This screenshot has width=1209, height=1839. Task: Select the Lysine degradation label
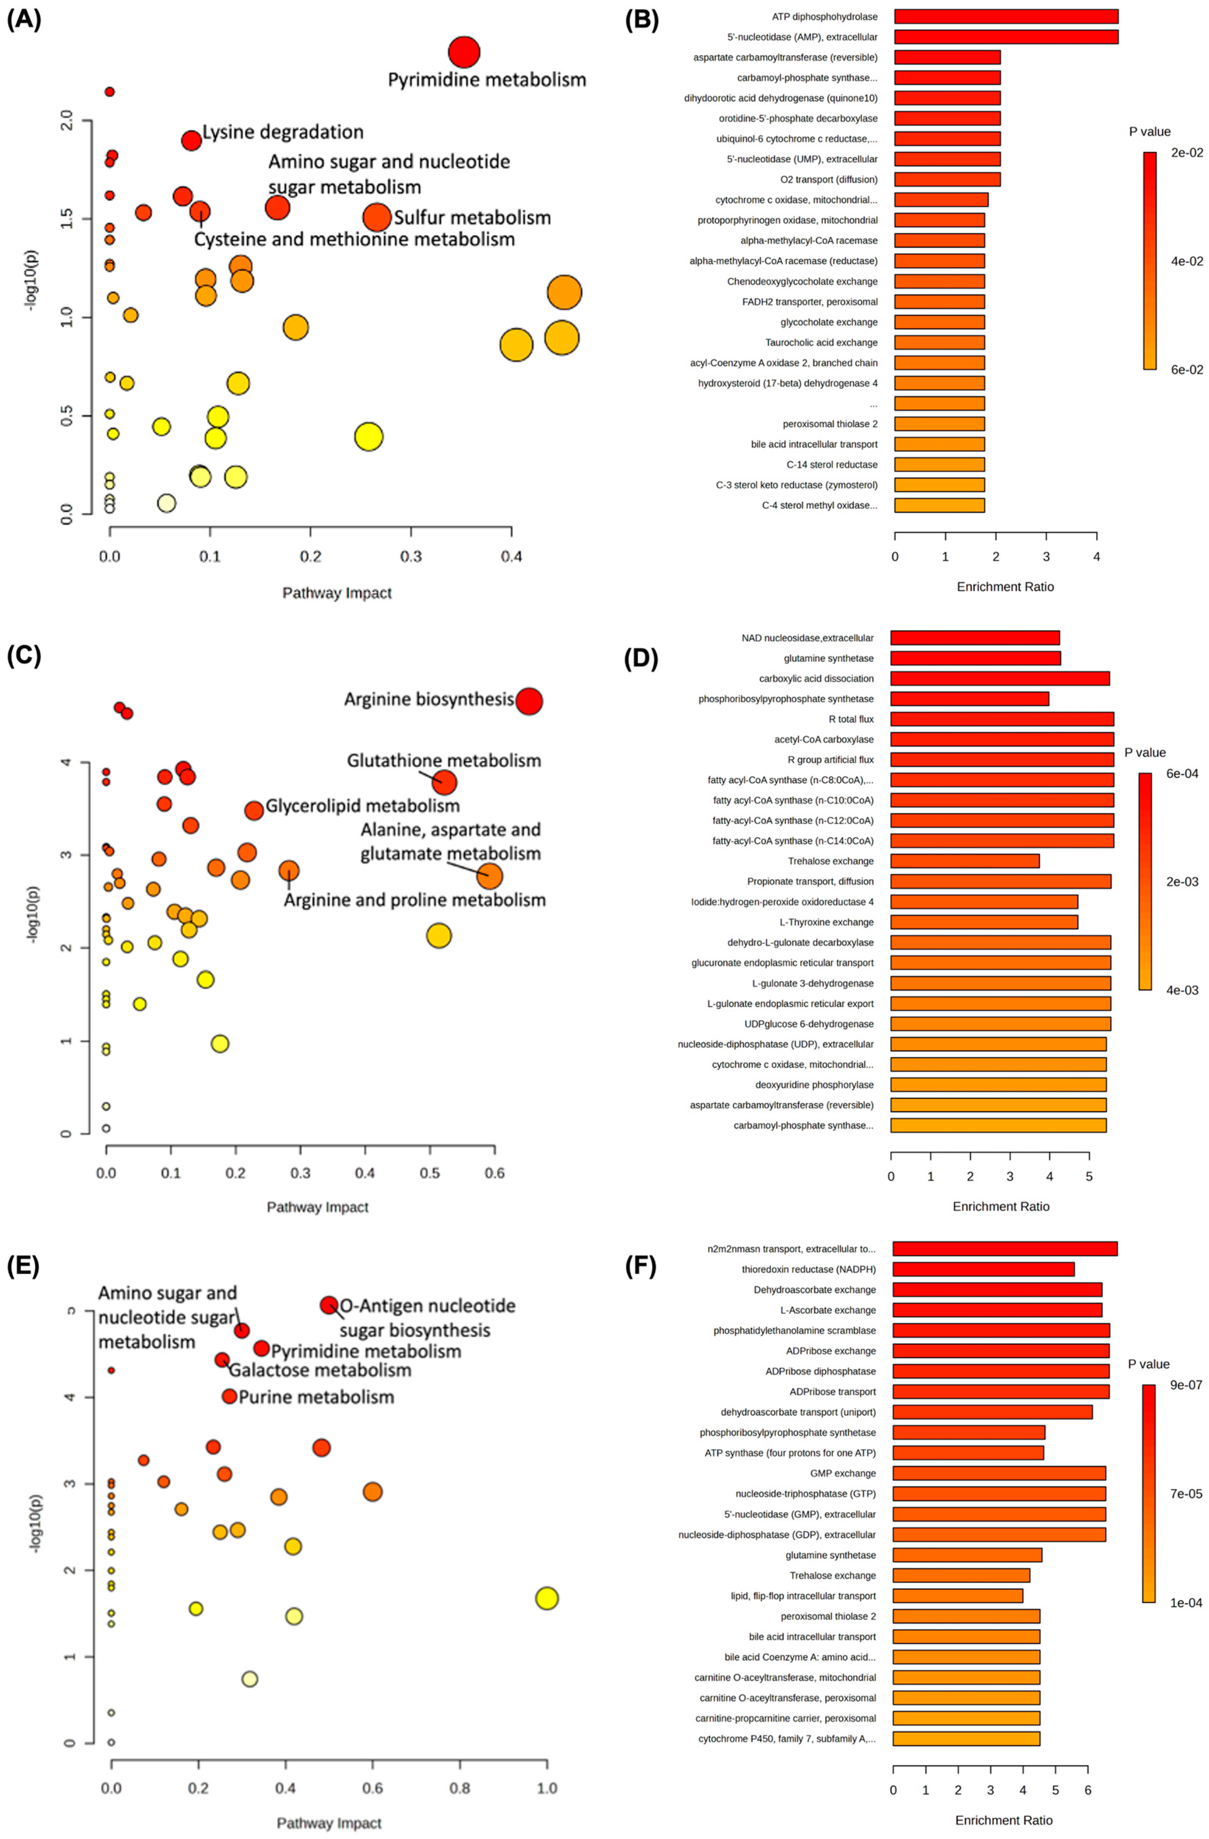pos(283,132)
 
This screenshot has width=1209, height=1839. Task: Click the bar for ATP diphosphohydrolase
pos(1006,16)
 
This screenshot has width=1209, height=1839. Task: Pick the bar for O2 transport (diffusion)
pos(947,179)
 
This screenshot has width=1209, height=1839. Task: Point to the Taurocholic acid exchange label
pos(821,342)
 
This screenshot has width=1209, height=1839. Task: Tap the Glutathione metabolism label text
pos(444,760)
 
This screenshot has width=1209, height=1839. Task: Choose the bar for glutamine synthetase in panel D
pos(975,658)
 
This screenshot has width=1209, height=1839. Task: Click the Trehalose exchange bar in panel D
pos(965,861)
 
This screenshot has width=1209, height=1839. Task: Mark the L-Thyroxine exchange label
pos(826,922)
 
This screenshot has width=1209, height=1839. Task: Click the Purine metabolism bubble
pos(229,1396)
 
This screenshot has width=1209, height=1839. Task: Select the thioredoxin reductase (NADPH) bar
pos(983,1269)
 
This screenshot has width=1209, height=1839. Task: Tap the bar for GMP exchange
pos(999,1473)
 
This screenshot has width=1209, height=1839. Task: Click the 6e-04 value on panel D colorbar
pos(1182,773)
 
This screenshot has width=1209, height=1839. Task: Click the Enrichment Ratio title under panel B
pos(1005,586)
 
